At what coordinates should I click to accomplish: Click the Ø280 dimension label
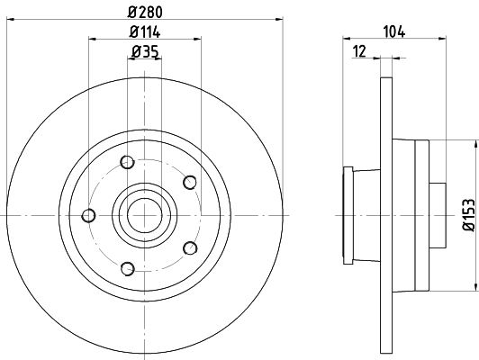tap(145, 13)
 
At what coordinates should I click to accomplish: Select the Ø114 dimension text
tap(145, 32)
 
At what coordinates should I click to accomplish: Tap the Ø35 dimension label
tap(145, 51)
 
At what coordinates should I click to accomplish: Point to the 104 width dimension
tap(394, 32)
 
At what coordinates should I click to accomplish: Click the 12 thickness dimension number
tap(359, 51)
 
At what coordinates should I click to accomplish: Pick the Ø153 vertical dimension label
tap(469, 215)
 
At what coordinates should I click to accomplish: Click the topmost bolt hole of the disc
tap(127, 162)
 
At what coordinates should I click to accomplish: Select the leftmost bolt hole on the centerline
tap(88, 216)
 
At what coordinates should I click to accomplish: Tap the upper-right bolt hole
tap(190, 183)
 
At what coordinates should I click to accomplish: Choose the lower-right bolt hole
tap(190, 247)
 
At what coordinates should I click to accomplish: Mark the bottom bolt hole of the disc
tap(128, 269)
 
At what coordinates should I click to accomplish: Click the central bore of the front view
tap(144, 216)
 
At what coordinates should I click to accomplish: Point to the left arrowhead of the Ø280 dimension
tap(11, 20)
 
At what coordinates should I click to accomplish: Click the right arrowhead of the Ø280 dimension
tap(279, 20)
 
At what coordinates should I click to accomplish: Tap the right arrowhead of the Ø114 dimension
tap(197, 39)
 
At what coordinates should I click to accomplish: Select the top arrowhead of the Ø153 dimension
tap(475, 144)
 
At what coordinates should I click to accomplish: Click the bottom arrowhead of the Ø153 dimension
tap(475, 287)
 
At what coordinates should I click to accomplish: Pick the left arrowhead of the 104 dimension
tap(347, 39)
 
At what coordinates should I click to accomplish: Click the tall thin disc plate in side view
tap(386, 216)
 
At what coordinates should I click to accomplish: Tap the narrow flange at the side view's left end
tap(348, 216)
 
